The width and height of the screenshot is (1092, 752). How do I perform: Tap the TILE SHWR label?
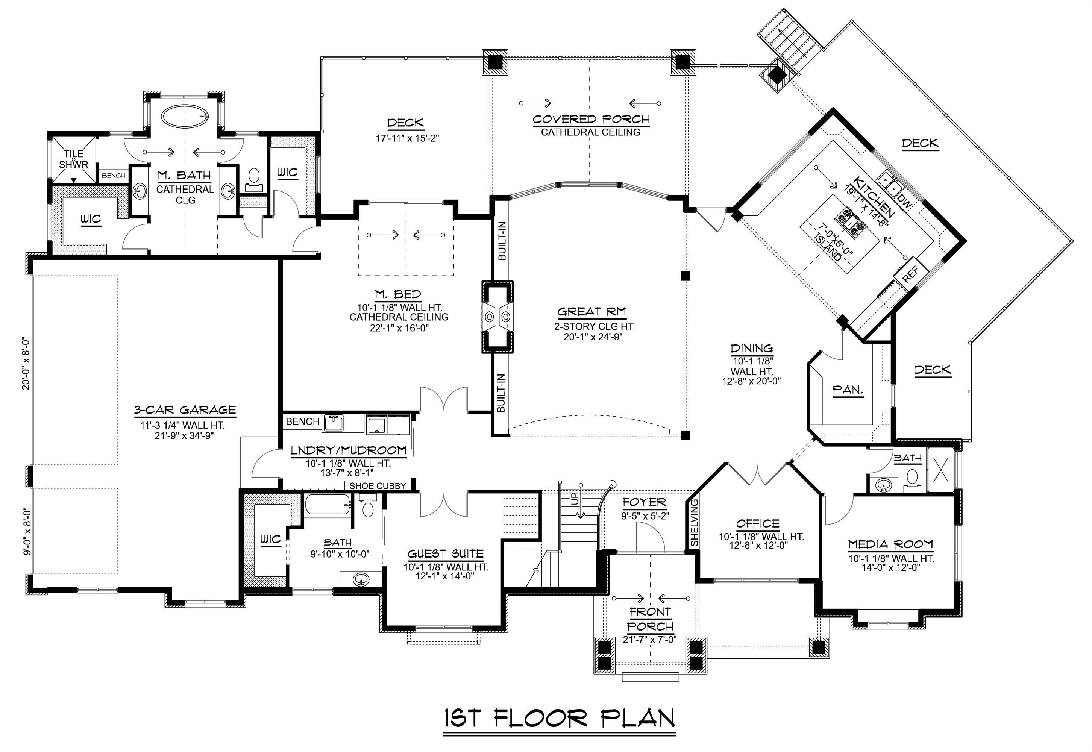click(x=74, y=159)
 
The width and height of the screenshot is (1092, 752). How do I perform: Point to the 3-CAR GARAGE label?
click(x=185, y=410)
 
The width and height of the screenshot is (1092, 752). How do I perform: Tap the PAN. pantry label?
click(x=848, y=390)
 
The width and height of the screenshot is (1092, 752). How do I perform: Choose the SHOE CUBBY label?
click(x=378, y=486)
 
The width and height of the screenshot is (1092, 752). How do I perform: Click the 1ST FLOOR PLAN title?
click(x=560, y=718)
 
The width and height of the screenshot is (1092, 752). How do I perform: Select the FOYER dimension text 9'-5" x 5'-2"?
click(x=645, y=516)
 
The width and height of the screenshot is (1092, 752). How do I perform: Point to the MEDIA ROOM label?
click(x=890, y=544)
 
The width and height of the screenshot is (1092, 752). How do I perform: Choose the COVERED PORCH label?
click(x=591, y=119)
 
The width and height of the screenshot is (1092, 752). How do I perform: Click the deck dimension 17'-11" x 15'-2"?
click(x=407, y=138)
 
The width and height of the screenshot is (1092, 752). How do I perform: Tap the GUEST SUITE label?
click(x=446, y=553)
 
